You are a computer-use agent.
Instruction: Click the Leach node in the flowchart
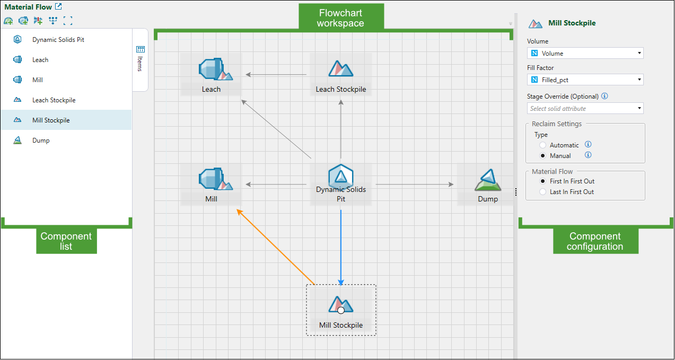[211, 74]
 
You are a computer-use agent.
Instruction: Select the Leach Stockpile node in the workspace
[340, 74]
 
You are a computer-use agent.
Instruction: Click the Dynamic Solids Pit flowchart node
[340, 183]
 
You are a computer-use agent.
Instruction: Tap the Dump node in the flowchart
[487, 185]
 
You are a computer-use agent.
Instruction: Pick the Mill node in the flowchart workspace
[211, 184]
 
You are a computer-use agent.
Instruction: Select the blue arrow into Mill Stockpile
[341, 244]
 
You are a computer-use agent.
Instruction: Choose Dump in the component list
[41, 141]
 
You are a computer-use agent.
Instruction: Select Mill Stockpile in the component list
[51, 120]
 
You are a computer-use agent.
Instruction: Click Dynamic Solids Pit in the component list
[58, 40]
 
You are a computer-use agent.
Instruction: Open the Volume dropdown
[585, 53]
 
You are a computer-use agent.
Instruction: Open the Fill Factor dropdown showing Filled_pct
[585, 80]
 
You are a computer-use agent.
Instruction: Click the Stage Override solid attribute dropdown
[585, 108]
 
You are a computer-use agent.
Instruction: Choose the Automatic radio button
[542, 145]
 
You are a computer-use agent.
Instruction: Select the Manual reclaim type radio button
[542, 156]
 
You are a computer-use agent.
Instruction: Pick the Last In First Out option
[542, 192]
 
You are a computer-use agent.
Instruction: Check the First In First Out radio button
[542, 181]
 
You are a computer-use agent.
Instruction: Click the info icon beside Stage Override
[604, 96]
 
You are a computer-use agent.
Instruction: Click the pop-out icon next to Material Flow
[59, 7]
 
